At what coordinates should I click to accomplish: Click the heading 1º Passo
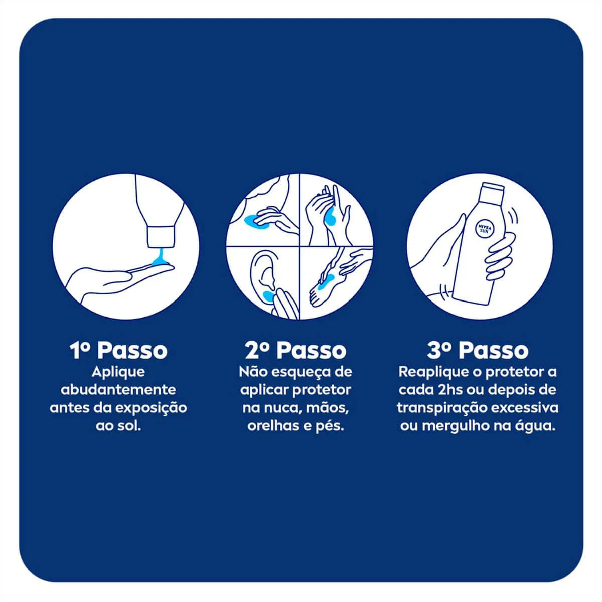click(x=118, y=351)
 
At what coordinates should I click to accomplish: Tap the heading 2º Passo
click(x=295, y=351)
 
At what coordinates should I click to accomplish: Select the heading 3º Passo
click(x=478, y=351)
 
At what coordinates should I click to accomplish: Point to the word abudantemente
click(x=118, y=390)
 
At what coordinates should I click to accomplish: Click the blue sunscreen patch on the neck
click(x=255, y=221)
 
